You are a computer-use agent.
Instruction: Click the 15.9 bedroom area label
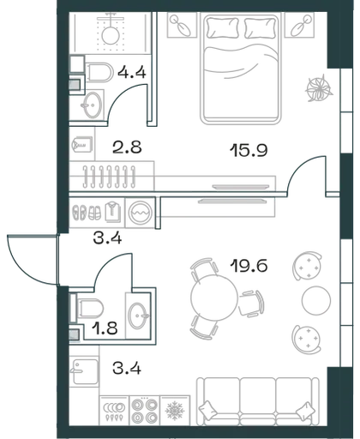point(249,150)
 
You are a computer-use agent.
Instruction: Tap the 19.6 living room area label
point(249,266)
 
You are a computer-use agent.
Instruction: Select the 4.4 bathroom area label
point(132,72)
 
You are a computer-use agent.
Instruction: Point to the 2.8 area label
point(127,147)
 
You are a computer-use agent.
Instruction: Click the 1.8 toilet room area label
point(105,329)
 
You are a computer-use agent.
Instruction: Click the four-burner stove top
point(145,411)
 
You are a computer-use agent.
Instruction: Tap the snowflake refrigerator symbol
point(175,411)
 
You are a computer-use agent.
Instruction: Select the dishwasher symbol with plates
point(114,411)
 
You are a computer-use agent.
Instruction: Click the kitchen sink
point(85,371)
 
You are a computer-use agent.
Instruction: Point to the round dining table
point(214,298)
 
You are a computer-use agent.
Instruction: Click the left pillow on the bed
point(223,27)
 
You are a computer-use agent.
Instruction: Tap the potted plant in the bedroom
point(319,87)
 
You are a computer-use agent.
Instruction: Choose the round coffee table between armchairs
point(316,300)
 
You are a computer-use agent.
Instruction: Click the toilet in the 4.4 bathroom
point(99,72)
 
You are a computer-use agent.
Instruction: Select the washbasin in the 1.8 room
point(138,316)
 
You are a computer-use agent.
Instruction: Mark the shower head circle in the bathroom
point(111,35)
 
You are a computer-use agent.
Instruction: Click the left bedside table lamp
point(182,25)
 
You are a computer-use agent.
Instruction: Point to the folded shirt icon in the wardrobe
point(113,212)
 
